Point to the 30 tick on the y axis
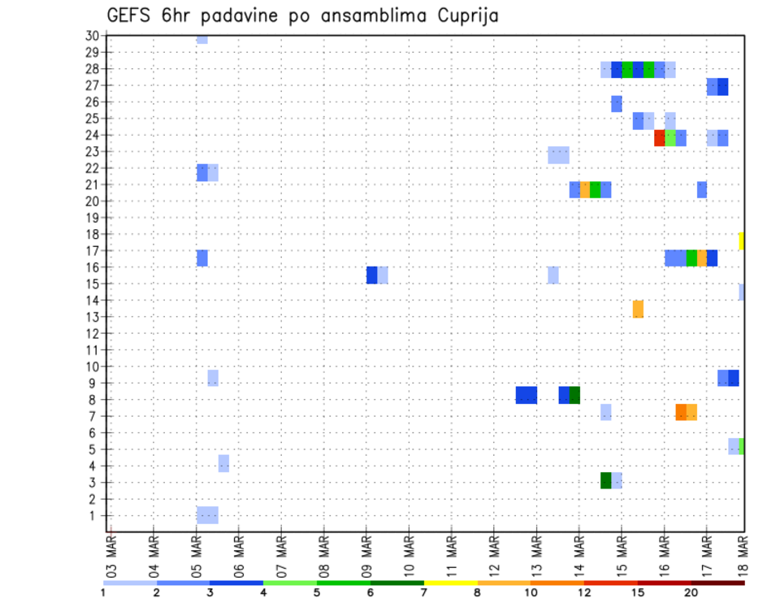pos(93,36)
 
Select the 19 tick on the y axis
pos(93,218)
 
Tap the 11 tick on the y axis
pos(93,350)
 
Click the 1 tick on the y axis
pos(96,515)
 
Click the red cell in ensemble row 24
pos(660,138)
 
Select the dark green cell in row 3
pos(606,480)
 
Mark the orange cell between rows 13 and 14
pos(638,309)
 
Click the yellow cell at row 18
pos(742,241)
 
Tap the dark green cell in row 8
pos(574,395)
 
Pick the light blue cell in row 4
pos(223,463)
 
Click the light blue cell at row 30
pos(202,39)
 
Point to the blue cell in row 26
pos(617,103)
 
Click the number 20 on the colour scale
pos(691,592)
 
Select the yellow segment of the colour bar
pos(450,583)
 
